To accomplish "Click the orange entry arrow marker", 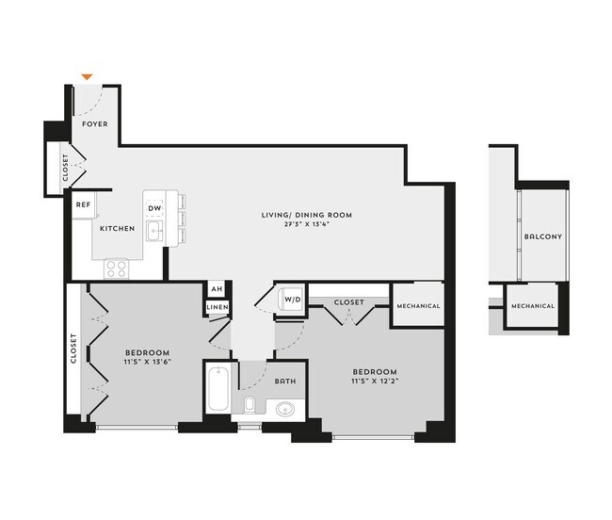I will tap(88, 76).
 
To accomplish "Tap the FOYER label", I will tap(95, 123).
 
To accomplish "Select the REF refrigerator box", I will tap(83, 203).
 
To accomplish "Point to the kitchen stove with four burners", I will tap(116, 268).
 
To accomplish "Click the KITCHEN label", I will tap(117, 229).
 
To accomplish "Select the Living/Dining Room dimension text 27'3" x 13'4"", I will tap(306, 225).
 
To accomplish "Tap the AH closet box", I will tap(217, 289).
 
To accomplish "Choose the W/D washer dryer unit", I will tap(292, 301).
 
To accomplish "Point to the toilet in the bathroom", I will tap(250, 405).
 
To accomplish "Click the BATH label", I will tap(284, 382).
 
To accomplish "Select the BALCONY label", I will tap(542, 236).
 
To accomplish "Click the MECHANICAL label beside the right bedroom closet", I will tap(418, 306).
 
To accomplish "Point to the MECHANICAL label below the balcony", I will tap(533, 306).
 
